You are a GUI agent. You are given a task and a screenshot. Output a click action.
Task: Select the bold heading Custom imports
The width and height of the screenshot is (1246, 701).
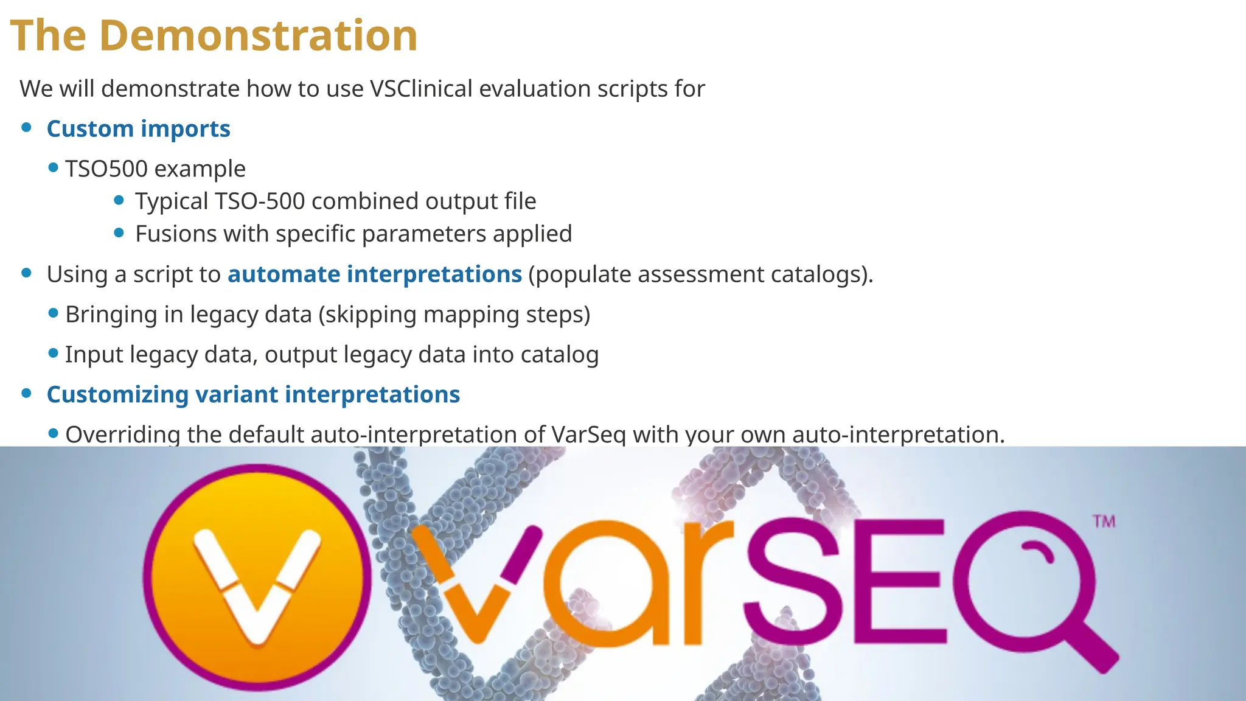click(138, 129)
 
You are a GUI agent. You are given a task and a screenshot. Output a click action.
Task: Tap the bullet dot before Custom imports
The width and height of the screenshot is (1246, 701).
click(26, 127)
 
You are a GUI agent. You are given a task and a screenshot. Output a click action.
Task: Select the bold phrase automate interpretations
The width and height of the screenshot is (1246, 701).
click(374, 274)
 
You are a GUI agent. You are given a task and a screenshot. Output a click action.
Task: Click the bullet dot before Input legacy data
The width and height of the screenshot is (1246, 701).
click(53, 353)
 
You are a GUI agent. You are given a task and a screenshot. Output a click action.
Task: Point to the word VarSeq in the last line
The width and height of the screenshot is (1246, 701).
click(588, 434)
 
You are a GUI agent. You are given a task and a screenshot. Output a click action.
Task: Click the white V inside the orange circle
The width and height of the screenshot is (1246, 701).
click(257, 584)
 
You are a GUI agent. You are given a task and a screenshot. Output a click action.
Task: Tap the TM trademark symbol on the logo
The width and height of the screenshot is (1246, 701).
click(1104, 521)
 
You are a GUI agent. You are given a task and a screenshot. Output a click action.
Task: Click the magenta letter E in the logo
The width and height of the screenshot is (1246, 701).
click(900, 581)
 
